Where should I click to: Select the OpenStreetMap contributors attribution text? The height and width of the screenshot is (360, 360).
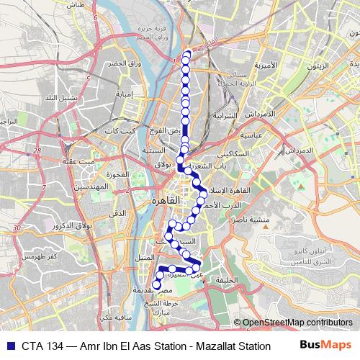[x=297, y=323]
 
